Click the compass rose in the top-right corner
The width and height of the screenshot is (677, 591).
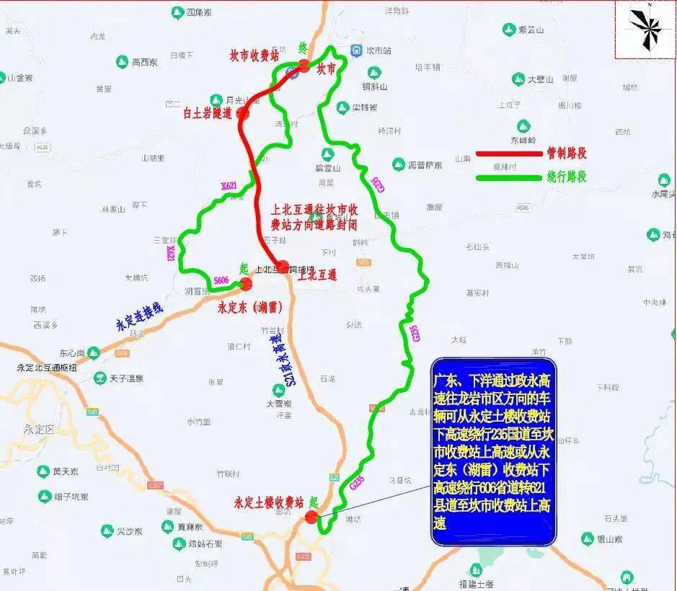(647, 28)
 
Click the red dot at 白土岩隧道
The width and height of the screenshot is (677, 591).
(243, 113)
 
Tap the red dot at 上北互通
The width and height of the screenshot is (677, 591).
(283, 265)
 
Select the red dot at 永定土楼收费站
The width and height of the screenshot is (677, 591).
(311, 517)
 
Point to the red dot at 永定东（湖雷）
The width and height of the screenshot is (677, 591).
(247, 283)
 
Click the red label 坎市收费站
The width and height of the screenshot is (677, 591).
(254, 56)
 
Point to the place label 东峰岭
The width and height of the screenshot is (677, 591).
(524, 140)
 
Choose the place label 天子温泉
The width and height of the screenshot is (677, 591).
(127, 378)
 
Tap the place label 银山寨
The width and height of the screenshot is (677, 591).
(610, 538)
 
